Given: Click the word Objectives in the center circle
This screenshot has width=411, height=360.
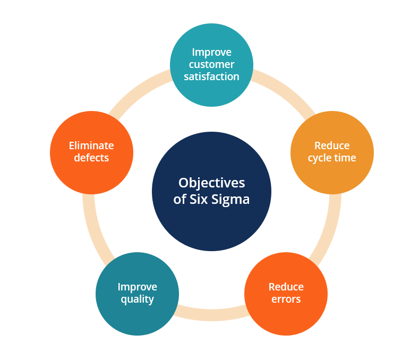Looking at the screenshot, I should click(211, 183).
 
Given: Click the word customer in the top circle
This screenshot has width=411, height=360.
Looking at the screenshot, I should click(211, 64).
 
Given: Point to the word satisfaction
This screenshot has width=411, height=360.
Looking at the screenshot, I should click(211, 76).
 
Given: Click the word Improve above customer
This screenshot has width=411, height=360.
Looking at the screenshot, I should click(211, 53).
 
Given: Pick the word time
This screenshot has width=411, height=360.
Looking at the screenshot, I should click(345, 158).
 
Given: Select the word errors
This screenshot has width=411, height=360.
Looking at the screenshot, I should click(286, 299).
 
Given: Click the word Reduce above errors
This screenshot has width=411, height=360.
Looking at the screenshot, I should click(286, 287).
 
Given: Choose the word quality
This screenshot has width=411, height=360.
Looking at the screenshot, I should click(137, 299).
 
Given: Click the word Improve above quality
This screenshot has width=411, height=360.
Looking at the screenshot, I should click(137, 287).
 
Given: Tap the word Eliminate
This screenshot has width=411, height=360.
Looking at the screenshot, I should click(91, 145).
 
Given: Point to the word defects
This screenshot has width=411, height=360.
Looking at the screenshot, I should click(91, 158).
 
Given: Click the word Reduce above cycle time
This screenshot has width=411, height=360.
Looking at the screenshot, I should click(332, 145).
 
